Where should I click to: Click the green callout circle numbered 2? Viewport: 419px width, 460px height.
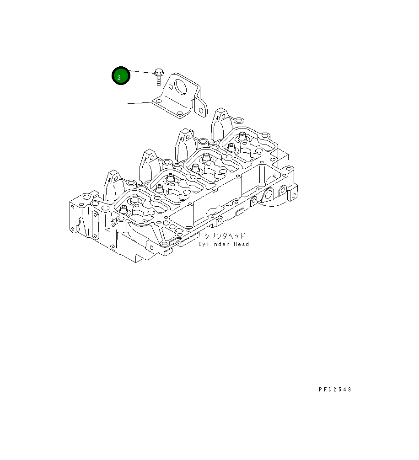coord(121,76)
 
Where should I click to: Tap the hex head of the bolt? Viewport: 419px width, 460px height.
coord(159,72)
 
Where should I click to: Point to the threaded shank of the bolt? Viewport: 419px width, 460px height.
coord(159,80)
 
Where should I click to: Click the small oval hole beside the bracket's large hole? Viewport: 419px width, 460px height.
coord(171,87)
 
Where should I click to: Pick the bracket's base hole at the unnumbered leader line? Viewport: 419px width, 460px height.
coord(159,101)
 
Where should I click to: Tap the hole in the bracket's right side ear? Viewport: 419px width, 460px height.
coord(201,110)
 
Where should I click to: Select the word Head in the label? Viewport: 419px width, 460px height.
coord(241,244)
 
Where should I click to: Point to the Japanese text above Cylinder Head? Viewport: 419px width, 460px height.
coord(224,235)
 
